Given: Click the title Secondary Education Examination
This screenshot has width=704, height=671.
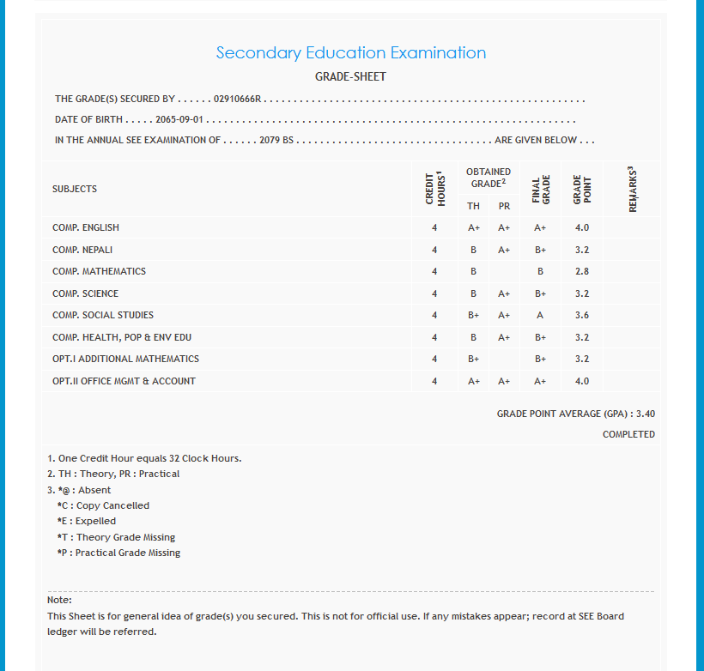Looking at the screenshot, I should point(351,52).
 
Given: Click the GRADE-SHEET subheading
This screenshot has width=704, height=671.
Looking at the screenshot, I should point(351,76).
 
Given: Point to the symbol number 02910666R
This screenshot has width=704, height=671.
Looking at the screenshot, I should point(237,100).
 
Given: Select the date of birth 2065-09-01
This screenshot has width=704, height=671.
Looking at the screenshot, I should point(179,119).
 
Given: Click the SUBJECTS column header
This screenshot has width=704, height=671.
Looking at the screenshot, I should point(75,189).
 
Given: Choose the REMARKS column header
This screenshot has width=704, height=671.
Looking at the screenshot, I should point(632,189).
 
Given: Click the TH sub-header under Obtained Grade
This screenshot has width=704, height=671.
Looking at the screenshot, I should point(473,206).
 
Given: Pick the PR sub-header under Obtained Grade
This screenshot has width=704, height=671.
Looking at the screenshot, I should point(504,206).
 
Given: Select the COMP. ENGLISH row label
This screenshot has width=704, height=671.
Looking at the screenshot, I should point(86,227).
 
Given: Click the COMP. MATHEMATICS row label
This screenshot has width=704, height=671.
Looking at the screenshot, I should point(99,271).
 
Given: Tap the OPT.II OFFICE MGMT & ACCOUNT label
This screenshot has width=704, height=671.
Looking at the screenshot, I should point(124,381).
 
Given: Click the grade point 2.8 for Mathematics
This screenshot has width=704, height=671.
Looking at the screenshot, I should point(582,271).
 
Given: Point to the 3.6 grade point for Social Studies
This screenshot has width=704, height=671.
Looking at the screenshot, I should point(582,315).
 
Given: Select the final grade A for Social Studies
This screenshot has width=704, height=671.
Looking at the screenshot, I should point(540,315).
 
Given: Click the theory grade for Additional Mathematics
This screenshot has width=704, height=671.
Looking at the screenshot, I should point(473,359).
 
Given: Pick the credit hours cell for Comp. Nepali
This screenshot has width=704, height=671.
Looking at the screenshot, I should point(434,250).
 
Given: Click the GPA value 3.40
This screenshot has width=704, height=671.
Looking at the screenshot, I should point(646,414).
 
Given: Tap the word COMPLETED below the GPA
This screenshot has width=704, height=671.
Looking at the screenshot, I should point(628,434).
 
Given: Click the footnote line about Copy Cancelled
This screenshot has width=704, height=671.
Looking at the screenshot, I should point(103,505).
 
